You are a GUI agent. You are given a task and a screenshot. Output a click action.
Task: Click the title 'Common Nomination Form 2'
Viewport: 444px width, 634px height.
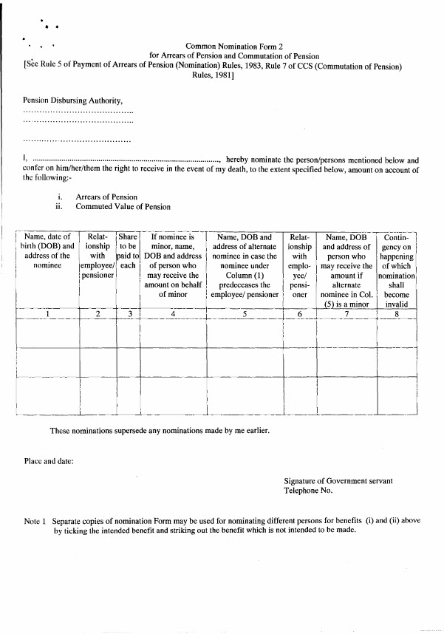click(x=234, y=45)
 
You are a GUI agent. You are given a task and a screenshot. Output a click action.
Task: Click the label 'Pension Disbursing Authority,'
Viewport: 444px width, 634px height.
click(x=72, y=100)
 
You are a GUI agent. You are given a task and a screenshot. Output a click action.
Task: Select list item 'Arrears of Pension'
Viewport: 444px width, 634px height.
click(x=106, y=197)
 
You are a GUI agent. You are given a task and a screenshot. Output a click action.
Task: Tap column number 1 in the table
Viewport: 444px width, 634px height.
click(x=48, y=314)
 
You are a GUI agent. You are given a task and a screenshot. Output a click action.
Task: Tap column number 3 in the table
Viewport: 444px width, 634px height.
click(x=129, y=314)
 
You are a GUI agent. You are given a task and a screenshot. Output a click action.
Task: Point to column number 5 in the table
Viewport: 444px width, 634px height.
click(x=244, y=314)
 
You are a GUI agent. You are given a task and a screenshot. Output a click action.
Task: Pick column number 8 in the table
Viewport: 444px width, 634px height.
click(x=397, y=314)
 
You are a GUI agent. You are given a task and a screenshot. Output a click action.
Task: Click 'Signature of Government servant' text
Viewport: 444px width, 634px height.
click(x=338, y=480)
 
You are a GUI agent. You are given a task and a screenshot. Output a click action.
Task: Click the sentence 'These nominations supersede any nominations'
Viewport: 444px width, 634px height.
click(x=159, y=431)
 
